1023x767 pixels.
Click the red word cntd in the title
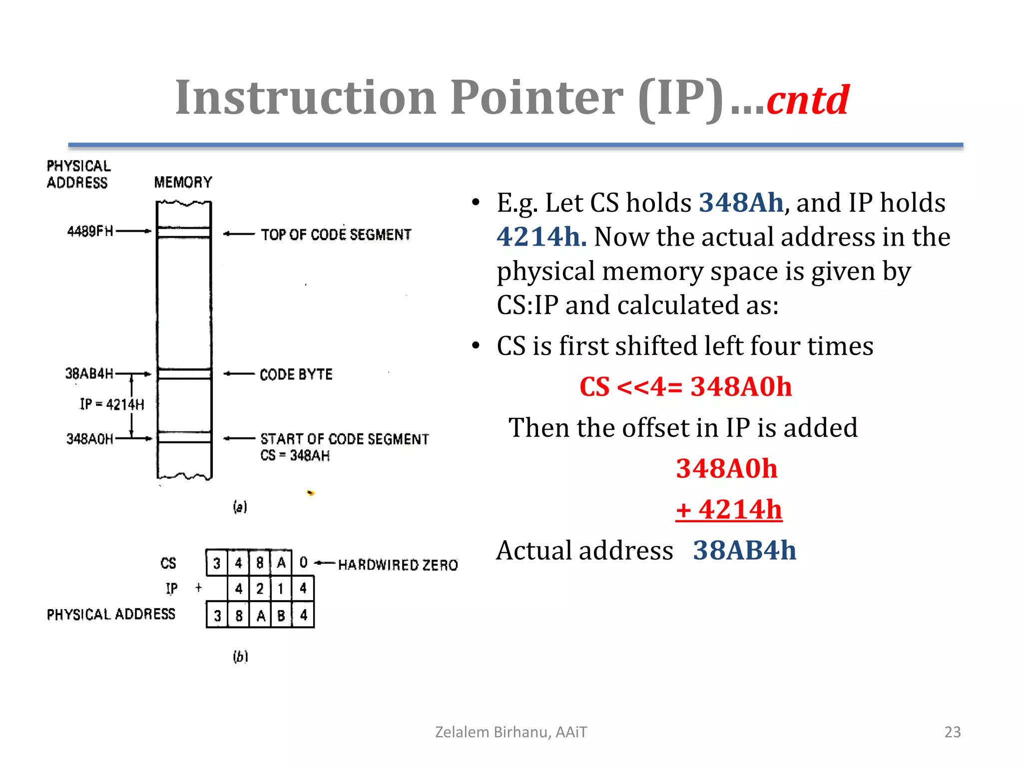808,100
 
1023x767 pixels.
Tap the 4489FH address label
90,231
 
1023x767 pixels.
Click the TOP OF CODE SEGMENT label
336,235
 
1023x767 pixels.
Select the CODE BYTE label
296,375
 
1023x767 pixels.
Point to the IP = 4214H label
112,404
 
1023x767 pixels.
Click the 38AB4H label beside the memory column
89,374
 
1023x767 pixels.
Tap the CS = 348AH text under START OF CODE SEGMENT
295,455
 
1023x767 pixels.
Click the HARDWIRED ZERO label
398,565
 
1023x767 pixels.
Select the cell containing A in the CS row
281,563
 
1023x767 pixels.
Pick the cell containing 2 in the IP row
260,589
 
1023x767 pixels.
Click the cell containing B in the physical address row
281,615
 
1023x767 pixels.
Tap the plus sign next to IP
199,588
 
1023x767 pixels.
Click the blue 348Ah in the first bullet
741,203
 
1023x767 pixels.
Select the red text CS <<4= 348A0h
685,387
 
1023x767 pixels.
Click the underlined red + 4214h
729,510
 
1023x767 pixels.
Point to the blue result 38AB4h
744,551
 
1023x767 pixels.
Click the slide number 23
952,732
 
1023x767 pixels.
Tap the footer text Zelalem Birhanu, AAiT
511,732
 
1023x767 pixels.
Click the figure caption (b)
240,656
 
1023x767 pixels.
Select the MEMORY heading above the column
183,182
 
